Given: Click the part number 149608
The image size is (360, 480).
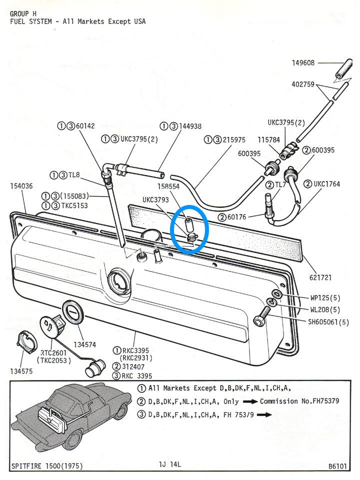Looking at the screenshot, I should coord(303,63).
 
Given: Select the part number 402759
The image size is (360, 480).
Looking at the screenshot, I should coord(303,84).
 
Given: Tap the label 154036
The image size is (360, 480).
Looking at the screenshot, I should coord(21,186).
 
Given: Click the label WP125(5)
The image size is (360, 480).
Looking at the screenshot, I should coord(325,298).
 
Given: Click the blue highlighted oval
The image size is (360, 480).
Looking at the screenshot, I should coord(190,229).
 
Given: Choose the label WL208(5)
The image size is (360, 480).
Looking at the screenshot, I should coord(325,309).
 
